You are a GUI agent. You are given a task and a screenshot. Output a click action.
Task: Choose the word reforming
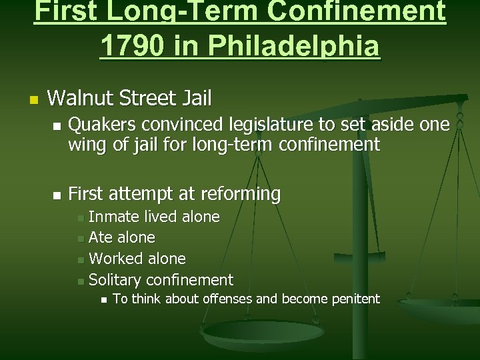(x=243, y=195)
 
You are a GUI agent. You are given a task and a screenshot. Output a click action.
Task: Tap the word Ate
(x=101, y=237)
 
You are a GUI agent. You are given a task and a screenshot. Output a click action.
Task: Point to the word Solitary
(x=115, y=279)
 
